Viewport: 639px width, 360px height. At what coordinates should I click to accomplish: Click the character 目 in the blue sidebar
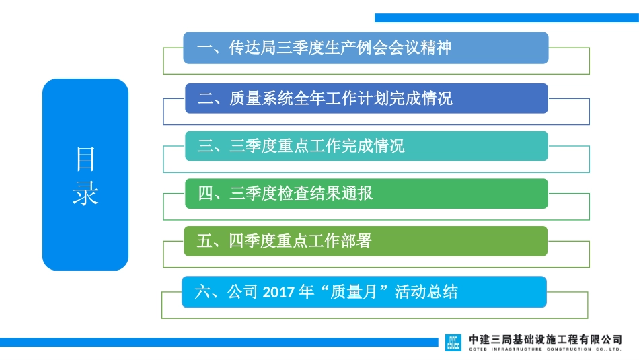(x=85, y=159)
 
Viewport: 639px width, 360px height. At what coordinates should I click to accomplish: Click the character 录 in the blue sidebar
(x=85, y=193)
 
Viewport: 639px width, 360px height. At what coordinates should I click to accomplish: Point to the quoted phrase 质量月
(x=355, y=292)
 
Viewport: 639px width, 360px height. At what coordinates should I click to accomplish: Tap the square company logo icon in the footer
(x=453, y=343)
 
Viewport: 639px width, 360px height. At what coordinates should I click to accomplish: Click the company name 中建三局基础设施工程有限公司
(x=545, y=339)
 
